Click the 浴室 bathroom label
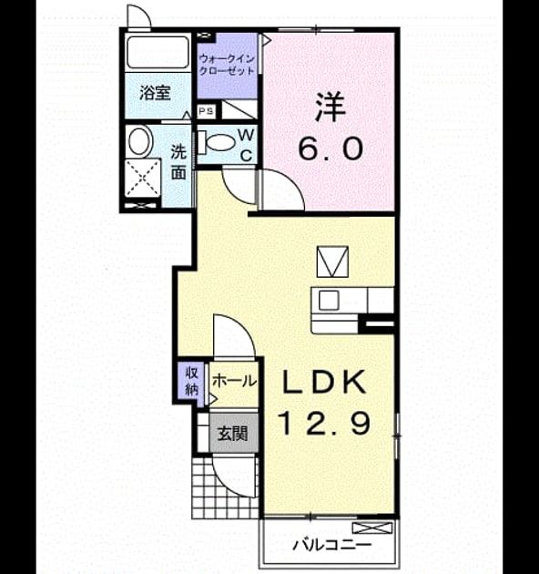155,93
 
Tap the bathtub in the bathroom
158,52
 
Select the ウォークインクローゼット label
227,65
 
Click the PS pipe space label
207,111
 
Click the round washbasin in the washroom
140,141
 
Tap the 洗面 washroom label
178,162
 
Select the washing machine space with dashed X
143,179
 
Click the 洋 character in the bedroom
331,107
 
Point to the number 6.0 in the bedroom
331,149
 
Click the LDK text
324,382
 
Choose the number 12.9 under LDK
325,423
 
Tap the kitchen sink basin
329,301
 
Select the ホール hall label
234,382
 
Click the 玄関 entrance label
232,434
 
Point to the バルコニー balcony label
331,546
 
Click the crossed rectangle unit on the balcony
372,528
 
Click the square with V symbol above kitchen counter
332,261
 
